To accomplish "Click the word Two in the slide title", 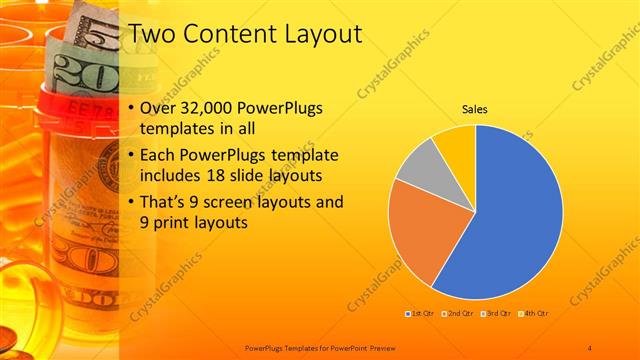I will coord(153,36).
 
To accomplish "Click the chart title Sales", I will coord(474,110).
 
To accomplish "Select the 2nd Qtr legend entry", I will coord(457,313).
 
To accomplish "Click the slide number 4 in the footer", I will coord(590,347).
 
